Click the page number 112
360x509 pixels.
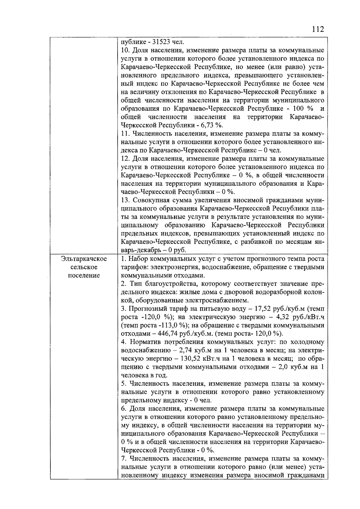[x=318, y=29]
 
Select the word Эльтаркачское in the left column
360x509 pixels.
[x=84, y=259]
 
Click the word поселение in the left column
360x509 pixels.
[x=84, y=275]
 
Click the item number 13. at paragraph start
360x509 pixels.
[x=126, y=200]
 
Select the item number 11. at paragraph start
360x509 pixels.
[x=125, y=134]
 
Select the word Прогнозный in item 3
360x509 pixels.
[x=146, y=309]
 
